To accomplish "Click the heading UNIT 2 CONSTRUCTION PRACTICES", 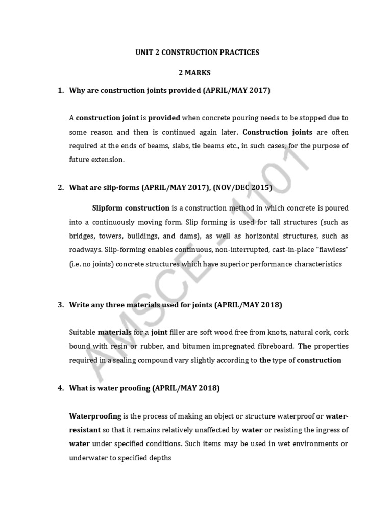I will (197, 53).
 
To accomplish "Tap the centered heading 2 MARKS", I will (197, 73).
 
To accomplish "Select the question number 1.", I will (60, 90).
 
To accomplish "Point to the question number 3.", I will (60, 305).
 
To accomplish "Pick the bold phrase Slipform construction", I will (131, 208).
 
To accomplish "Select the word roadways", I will (85, 250).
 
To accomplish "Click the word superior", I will (245, 264).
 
